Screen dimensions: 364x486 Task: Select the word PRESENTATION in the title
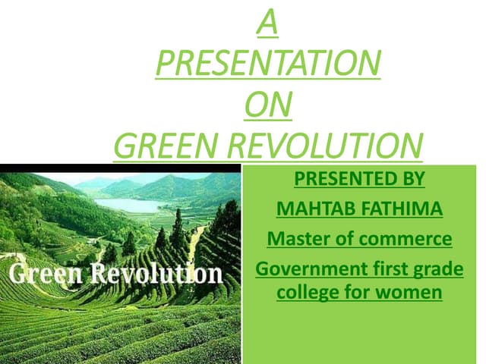[267, 64]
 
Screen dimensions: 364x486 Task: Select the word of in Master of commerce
[339, 240]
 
